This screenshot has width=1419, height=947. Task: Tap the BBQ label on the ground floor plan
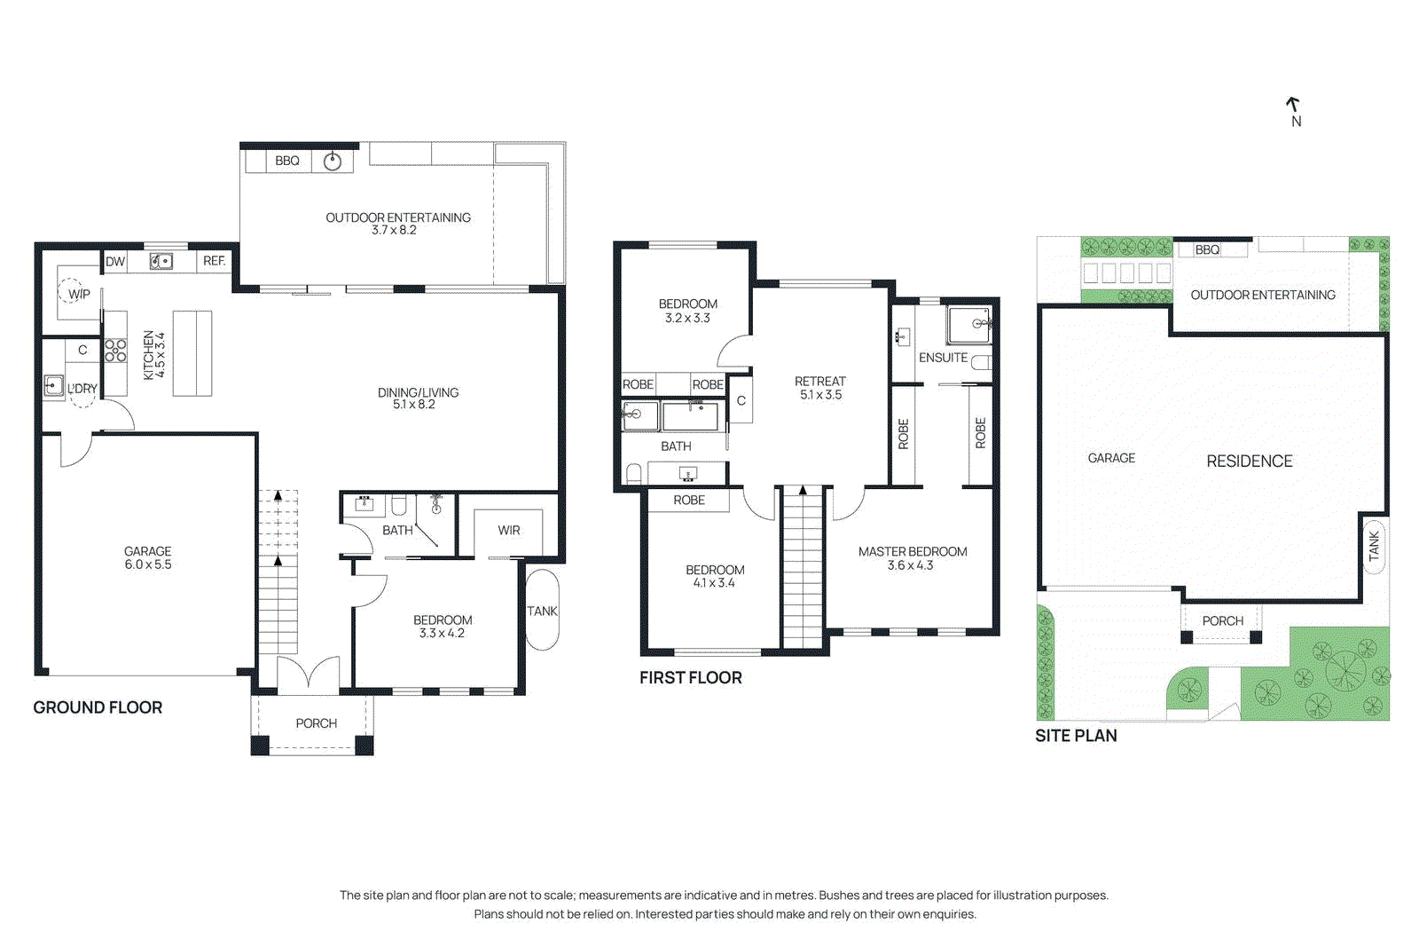[287, 161]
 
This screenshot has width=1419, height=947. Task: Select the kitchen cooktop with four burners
[115, 351]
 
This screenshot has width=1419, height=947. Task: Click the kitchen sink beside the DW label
[161, 261]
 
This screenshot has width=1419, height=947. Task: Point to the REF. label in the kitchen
[214, 261]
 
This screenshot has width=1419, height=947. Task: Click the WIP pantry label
[79, 294]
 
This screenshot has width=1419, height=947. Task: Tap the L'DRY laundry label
[82, 389]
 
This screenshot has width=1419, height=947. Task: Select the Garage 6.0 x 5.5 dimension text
[148, 564]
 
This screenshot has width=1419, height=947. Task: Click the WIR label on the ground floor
[509, 531]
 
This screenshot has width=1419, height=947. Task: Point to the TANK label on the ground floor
[542, 612]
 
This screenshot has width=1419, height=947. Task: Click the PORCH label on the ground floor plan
[317, 723]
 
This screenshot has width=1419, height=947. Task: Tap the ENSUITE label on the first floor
[943, 358]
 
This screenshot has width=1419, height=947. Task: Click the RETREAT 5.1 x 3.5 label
[820, 388]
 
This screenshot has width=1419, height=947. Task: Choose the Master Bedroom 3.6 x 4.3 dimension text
[911, 565]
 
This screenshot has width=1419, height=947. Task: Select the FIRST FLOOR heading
[690, 678]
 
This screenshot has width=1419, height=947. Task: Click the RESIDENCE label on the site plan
[1249, 462]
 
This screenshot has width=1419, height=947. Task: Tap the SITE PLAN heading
[1076, 736]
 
